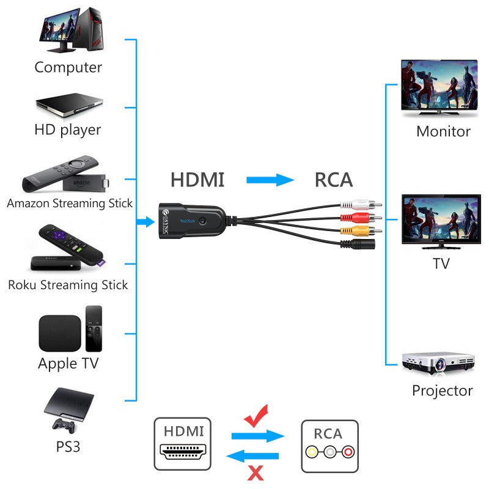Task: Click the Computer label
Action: coord(68,67)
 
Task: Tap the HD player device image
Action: coord(68,105)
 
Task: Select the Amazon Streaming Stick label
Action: coord(70,204)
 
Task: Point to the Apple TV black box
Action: coord(59,333)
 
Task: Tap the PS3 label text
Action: coord(68,447)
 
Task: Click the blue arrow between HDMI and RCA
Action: coord(270,180)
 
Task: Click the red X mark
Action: coord(255,472)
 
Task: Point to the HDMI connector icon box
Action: coord(183,444)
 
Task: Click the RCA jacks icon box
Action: coord(330,446)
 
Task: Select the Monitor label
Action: coord(443,131)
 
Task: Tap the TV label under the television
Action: coord(441,263)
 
